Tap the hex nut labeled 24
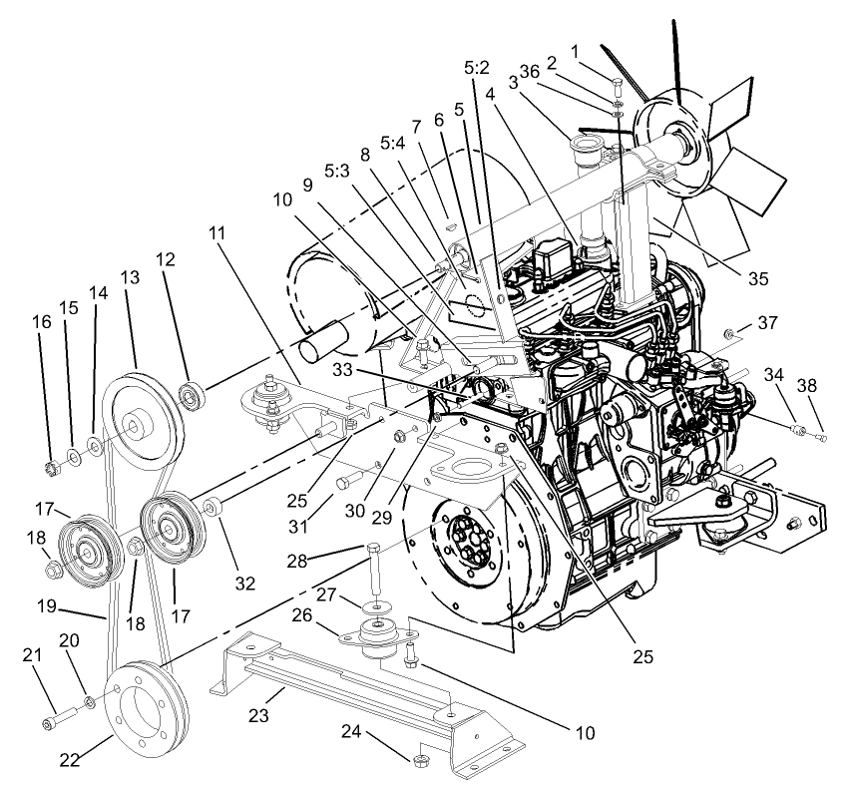(x=420, y=761)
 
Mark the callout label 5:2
(x=477, y=68)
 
